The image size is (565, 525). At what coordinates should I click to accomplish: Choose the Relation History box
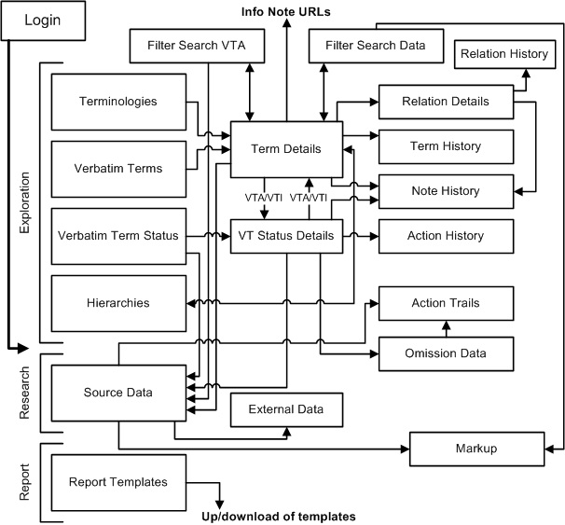(504, 54)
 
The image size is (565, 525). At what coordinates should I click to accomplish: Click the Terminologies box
(117, 101)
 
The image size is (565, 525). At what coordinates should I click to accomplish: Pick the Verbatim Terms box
(117, 168)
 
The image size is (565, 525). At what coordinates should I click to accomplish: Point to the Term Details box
(286, 148)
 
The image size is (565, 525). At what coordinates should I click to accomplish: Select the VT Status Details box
(286, 236)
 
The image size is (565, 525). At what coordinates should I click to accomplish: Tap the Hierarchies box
(117, 303)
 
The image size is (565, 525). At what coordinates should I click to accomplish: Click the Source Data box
(117, 393)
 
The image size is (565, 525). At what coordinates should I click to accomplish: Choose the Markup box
(476, 449)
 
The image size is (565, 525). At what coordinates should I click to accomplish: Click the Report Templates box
(117, 481)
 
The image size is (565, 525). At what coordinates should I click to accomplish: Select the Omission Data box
(446, 353)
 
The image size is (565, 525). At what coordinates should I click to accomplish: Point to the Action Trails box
(446, 304)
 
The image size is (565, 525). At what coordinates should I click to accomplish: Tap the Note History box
(446, 191)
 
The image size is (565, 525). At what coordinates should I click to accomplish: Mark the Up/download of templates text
(278, 516)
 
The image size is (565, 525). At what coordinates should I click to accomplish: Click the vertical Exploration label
(25, 200)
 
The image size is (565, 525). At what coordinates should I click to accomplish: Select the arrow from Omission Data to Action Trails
(446, 329)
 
